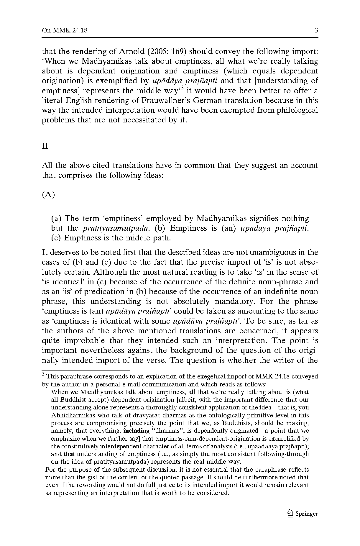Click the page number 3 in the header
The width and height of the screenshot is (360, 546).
tap(316, 30)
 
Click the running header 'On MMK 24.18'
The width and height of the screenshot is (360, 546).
tap(65, 30)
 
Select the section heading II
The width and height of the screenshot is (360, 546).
tap(45, 146)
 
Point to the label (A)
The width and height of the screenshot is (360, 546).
tap(48, 195)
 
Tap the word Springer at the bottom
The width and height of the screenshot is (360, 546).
tap(307, 514)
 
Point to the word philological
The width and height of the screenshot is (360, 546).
tap(296, 110)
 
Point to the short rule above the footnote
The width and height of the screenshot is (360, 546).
tap(86, 370)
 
